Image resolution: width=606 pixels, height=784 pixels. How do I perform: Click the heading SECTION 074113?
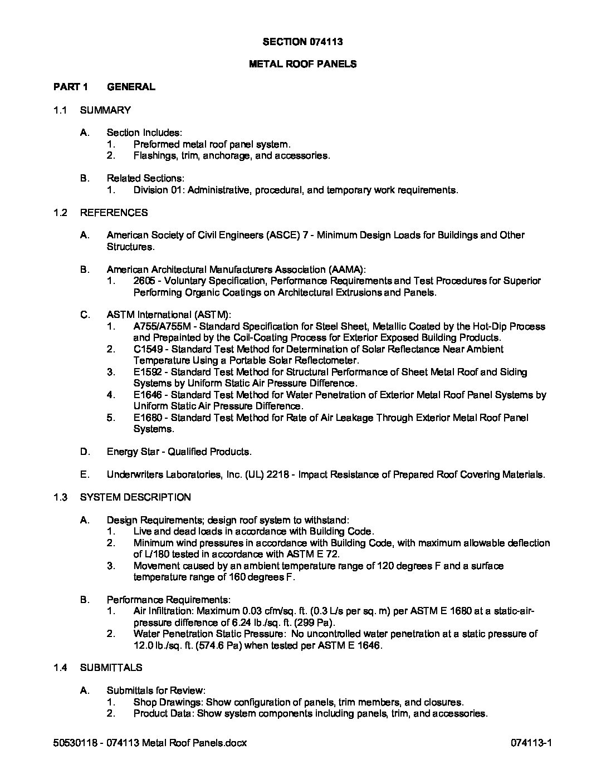click(302, 41)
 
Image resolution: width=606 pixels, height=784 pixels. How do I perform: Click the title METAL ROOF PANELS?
click(302, 64)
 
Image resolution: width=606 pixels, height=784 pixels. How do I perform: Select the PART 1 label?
click(71, 87)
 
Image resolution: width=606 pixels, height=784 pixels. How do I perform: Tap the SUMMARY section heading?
click(106, 110)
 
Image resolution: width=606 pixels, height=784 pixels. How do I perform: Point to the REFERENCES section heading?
click(114, 212)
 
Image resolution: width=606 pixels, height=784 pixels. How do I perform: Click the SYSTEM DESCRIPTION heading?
click(135, 497)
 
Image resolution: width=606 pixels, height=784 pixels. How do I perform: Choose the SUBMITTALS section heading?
click(111, 668)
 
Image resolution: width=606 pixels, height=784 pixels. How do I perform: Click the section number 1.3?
click(60, 497)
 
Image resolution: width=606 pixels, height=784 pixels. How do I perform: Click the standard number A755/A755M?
click(160, 326)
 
